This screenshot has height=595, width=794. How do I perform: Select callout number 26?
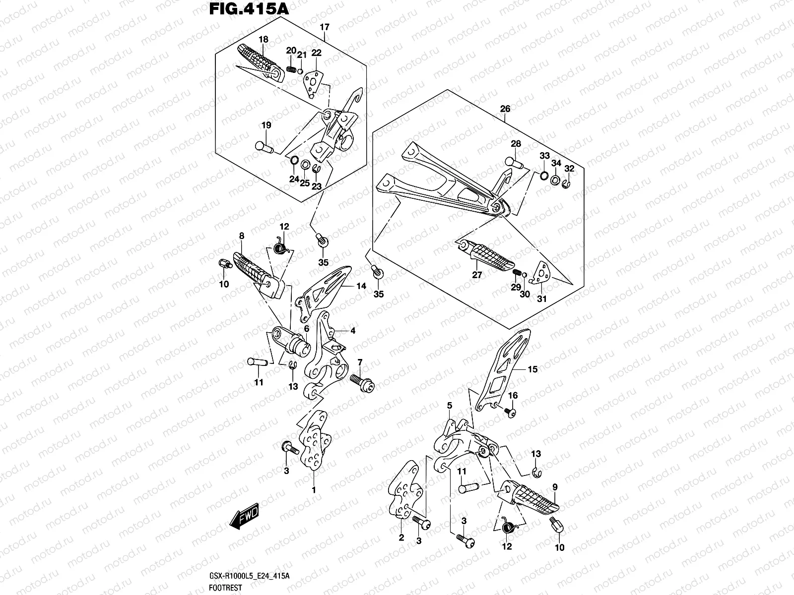(x=505, y=109)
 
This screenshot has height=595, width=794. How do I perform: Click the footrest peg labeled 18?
(x=262, y=61)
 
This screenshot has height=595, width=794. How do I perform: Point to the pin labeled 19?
(x=264, y=146)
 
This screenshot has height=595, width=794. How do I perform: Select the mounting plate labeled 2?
(x=405, y=491)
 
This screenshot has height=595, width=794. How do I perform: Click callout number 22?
(x=317, y=53)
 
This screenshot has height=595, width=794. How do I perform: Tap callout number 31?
(x=541, y=299)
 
